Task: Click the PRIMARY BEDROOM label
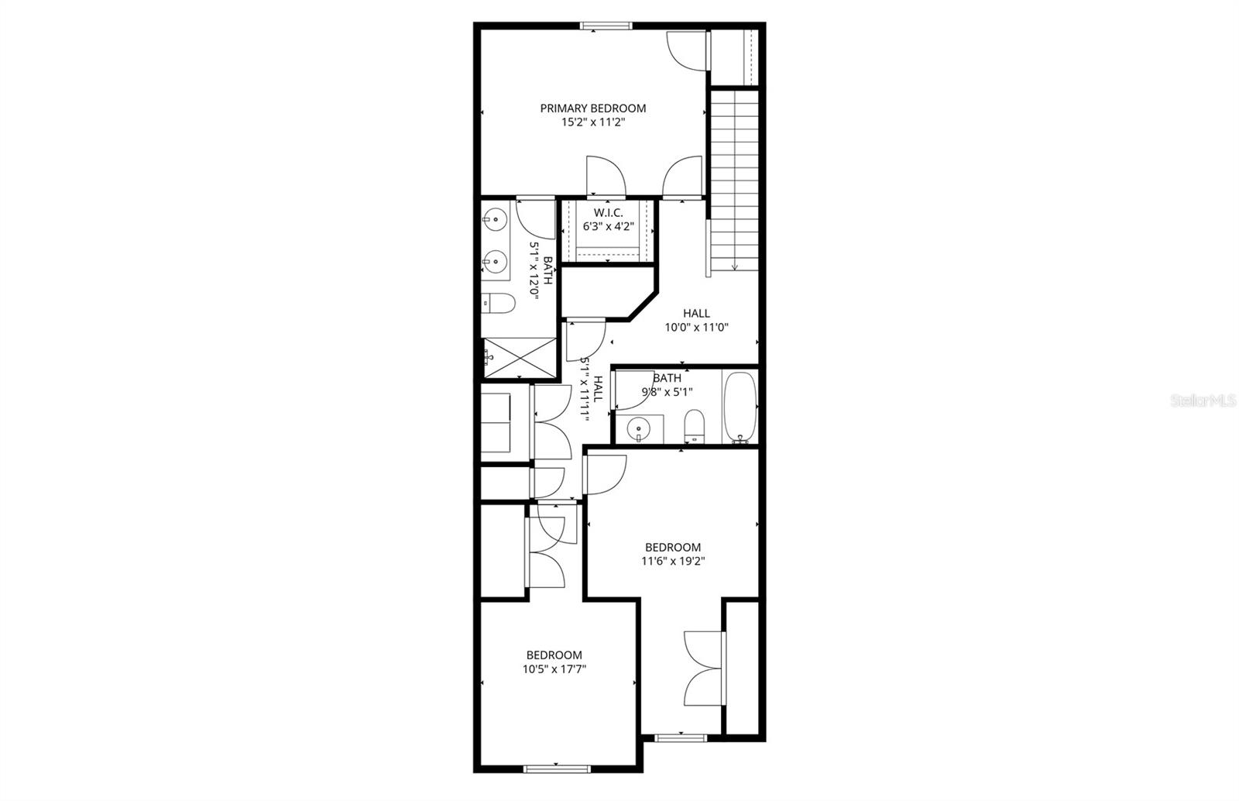[592, 108]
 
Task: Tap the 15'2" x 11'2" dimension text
[592, 122]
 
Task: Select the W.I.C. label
[609, 212]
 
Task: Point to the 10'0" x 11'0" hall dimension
[696, 328]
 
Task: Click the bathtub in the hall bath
[740, 407]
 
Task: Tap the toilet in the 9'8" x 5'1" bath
[695, 426]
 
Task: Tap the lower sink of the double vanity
[495, 262]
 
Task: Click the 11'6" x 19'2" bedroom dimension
[673, 562]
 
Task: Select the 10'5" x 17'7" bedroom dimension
[554, 669]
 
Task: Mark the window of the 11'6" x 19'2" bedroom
[681, 737]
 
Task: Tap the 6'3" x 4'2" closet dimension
[609, 227]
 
